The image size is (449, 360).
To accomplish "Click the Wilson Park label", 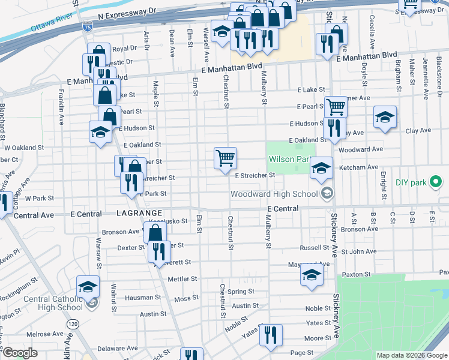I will pos(289,160).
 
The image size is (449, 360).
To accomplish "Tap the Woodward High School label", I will pos(274,194).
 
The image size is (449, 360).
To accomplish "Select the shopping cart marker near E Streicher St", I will pos(225,158).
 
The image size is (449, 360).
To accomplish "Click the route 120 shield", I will pos(73,324).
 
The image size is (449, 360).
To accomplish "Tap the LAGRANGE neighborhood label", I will pos(139,214).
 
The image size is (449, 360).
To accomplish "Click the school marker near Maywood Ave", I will pos(312,275).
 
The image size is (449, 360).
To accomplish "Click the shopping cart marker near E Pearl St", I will pos(336,107).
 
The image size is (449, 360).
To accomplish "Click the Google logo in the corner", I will pos(20,353).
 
